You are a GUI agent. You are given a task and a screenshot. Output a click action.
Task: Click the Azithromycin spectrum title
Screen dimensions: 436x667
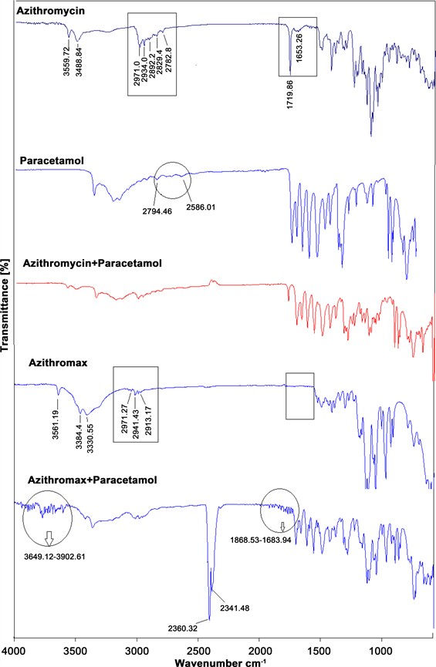click(51, 11)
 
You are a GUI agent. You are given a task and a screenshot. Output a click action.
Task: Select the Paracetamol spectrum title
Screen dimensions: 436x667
click(52, 161)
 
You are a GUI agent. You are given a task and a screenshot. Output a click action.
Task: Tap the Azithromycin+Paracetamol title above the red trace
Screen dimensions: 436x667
click(93, 263)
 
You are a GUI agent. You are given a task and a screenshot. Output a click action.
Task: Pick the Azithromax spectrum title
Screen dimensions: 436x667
click(58, 363)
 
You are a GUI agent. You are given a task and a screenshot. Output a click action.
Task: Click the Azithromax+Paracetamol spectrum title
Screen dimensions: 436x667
click(93, 480)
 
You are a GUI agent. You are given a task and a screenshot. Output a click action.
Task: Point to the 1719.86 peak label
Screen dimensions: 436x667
click(290, 94)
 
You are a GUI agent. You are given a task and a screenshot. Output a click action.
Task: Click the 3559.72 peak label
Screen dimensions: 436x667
click(66, 62)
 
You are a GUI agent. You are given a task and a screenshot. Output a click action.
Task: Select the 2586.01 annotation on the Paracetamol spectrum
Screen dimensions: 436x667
click(201, 207)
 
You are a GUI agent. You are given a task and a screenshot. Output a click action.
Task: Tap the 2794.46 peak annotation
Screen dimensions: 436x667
click(157, 211)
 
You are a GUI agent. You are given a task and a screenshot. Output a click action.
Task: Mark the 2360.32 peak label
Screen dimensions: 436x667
click(183, 628)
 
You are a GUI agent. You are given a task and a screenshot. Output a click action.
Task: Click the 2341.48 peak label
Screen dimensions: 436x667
click(235, 608)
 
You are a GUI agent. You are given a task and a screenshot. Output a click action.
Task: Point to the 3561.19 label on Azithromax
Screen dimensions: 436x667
click(56, 424)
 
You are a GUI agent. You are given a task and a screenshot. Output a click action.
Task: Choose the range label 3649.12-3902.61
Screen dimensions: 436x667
click(55, 557)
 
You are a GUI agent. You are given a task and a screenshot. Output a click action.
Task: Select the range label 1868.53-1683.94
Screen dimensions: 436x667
click(261, 541)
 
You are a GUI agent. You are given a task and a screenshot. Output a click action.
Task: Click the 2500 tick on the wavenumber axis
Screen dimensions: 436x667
click(198, 652)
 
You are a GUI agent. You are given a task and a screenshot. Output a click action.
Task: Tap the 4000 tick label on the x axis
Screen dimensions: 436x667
click(15, 652)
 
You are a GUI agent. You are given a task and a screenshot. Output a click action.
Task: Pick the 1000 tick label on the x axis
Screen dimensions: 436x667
click(381, 652)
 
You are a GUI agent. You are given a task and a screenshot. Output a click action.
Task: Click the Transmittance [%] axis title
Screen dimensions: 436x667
click(5, 305)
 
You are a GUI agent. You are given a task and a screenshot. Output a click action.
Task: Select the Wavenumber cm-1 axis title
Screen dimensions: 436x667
click(221, 662)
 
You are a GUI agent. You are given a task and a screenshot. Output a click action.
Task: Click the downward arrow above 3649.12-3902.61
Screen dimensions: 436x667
click(49, 538)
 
